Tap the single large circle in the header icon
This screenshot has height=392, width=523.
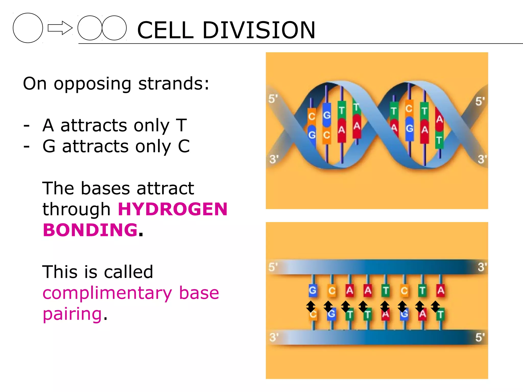coord(28,28)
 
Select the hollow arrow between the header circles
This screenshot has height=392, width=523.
coord(60,28)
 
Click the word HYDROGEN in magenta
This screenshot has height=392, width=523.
coord(173,209)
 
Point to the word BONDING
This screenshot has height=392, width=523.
coord(90,230)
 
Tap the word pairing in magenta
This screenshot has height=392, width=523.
coord(72,314)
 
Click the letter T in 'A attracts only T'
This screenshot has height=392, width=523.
coord(182,125)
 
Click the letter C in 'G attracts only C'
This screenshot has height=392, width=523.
coord(184,146)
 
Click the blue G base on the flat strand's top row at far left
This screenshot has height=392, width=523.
coord(313,290)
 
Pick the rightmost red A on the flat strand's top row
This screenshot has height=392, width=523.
coord(441,290)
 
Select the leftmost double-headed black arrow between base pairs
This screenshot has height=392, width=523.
coord(311,306)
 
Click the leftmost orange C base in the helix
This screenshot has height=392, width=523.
coord(312,116)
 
